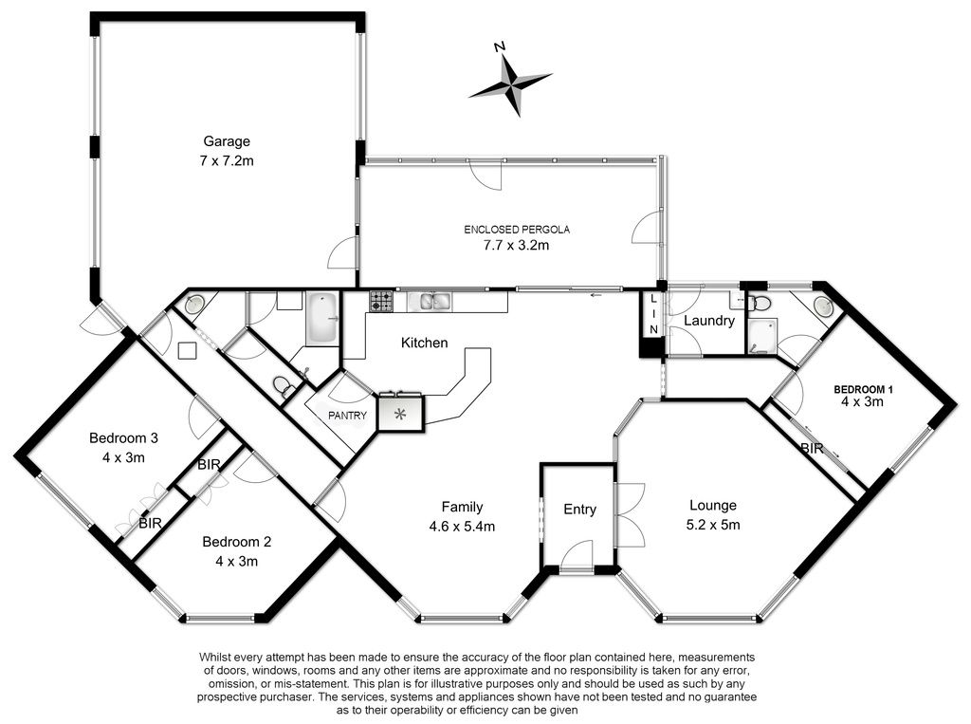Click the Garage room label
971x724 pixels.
pos(227,141)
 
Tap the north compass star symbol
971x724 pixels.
pos(511,84)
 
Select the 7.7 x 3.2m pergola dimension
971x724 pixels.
pos(516,245)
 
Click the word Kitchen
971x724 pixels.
pos(424,343)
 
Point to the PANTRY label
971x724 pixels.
pos(347,416)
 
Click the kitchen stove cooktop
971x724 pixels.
pos(381,302)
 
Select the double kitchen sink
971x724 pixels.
pos(435,302)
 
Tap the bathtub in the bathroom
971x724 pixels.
pos(322,319)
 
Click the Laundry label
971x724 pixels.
pos(709,321)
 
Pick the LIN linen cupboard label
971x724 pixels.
pos(653,314)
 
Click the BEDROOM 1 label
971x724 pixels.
pos(863,389)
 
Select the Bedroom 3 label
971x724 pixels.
pos(123,438)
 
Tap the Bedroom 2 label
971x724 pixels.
pos(236,542)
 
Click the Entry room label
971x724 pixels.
pos(579,510)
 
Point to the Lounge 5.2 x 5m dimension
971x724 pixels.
pos(713,525)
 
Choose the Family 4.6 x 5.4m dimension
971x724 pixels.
pos(462,527)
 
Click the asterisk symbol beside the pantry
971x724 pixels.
pos(400,414)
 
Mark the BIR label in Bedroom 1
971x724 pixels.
pos(812,448)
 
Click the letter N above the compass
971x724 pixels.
pos(500,46)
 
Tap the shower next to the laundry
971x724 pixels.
pos(761,337)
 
